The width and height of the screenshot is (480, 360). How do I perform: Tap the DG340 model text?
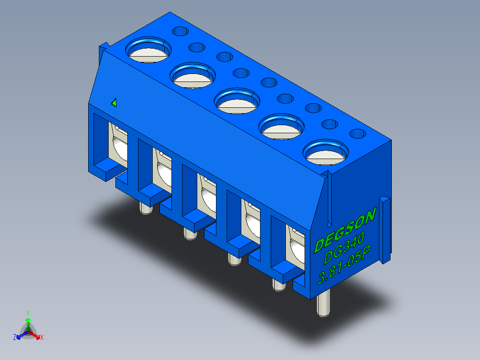tap(344, 248)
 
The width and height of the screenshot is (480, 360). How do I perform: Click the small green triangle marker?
tap(114, 102)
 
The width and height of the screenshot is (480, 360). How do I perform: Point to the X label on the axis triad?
tap(42, 337)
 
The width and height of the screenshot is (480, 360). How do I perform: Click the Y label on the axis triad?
tap(28, 314)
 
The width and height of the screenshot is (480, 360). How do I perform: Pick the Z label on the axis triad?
tap(15, 337)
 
